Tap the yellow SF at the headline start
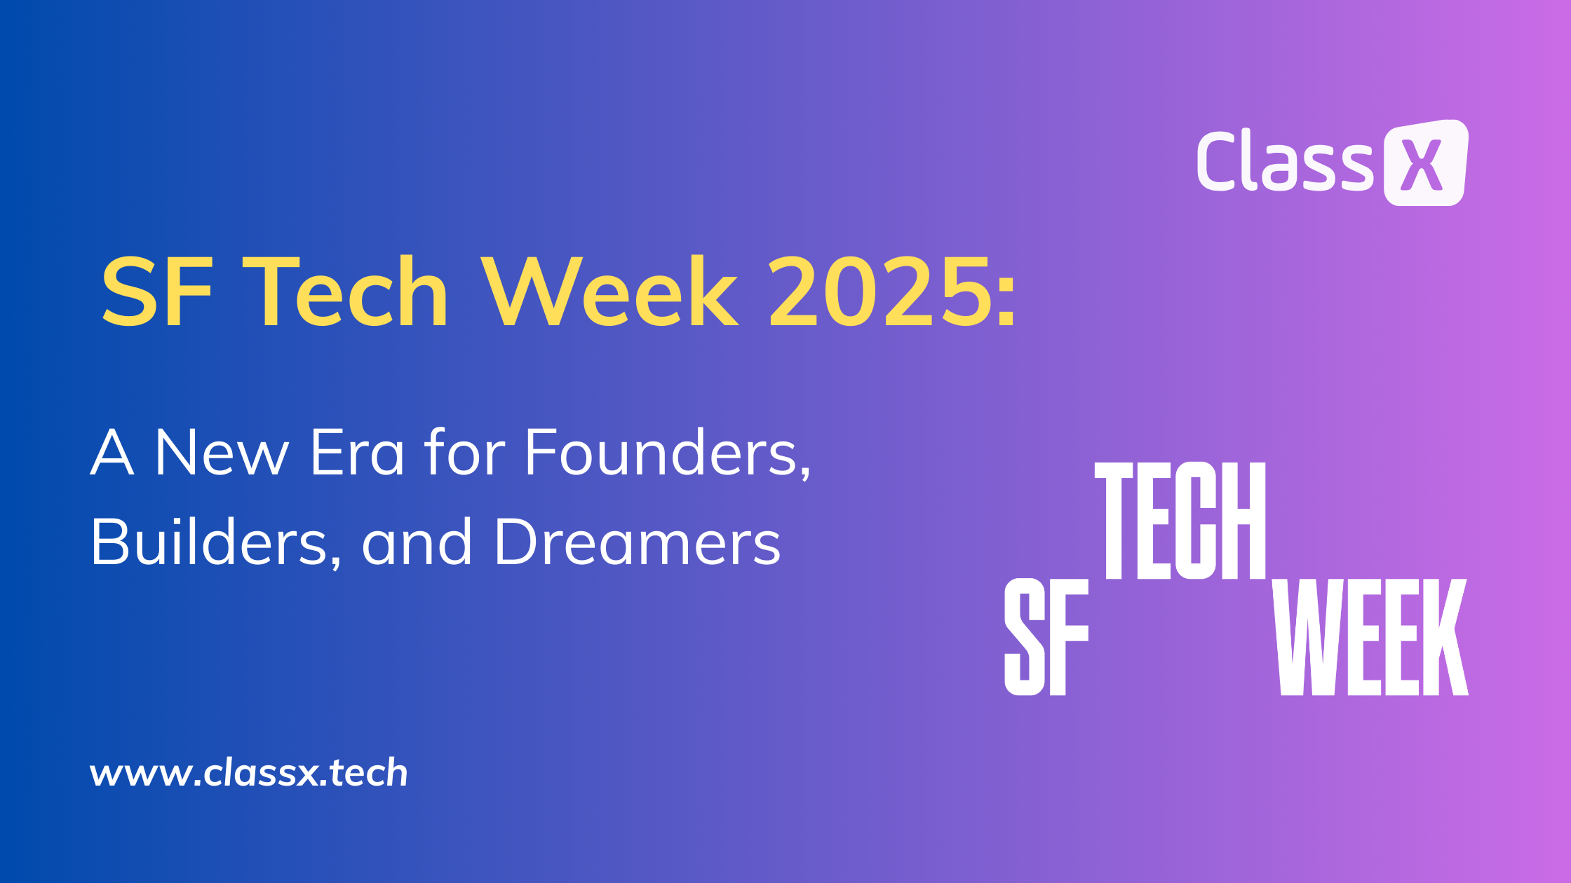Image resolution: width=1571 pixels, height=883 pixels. point(157,292)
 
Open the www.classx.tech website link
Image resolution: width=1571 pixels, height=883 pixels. point(249,773)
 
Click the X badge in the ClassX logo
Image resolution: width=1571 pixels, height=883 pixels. point(1425,163)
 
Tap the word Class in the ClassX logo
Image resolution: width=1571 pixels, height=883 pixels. point(1285,160)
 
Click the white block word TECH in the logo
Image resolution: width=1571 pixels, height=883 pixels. point(1180,521)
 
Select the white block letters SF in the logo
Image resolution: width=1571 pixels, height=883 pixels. point(1046,637)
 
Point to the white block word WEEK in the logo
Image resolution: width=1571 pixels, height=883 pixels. point(1370,637)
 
